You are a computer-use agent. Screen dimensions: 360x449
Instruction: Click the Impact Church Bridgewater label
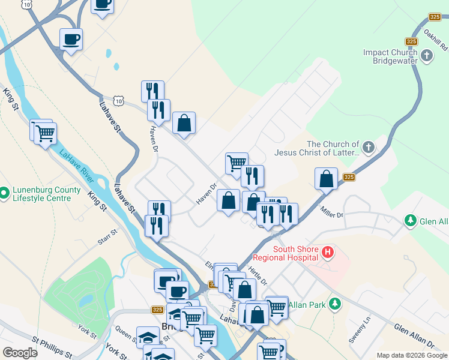click(390, 57)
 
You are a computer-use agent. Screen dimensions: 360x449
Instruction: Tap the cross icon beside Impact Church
click(427, 57)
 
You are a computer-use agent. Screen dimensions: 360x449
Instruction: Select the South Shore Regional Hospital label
click(295, 253)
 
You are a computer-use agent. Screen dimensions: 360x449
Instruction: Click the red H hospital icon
click(327, 253)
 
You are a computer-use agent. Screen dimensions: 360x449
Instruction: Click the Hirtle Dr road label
click(256, 275)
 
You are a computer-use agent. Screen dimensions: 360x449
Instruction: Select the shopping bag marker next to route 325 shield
click(326, 179)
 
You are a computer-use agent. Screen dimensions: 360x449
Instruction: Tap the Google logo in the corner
click(20, 353)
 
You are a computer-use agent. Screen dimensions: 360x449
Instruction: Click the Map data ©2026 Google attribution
click(412, 355)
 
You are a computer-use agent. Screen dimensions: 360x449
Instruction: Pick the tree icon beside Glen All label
click(411, 221)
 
